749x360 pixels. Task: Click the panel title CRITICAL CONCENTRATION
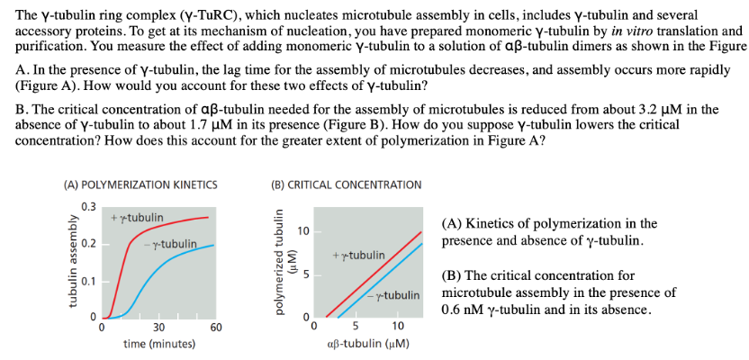click(346, 184)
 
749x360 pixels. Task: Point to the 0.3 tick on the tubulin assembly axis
click(89, 208)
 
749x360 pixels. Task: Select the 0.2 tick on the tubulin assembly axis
click(89, 244)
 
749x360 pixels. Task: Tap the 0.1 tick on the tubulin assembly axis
click(89, 281)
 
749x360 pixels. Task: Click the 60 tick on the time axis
click(215, 328)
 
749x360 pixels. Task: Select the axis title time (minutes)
click(159, 344)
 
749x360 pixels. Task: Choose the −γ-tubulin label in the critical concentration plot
click(396, 295)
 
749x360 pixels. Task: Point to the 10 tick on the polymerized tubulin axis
click(303, 231)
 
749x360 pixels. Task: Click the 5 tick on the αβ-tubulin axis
click(356, 327)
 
